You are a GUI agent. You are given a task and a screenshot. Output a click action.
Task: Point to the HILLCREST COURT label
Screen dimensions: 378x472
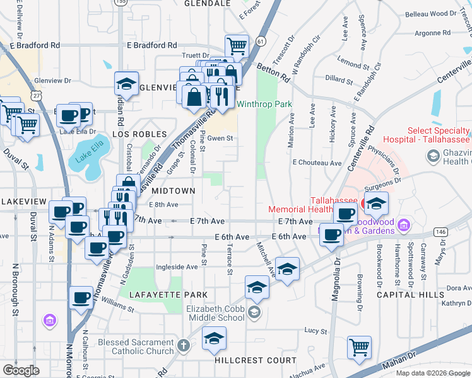[255, 360]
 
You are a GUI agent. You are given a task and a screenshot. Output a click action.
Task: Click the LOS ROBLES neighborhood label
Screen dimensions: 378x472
[139, 134]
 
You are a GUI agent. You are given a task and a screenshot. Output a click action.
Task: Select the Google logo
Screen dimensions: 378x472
[21, 370]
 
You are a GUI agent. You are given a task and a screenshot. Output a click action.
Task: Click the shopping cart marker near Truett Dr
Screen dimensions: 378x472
[237, 45]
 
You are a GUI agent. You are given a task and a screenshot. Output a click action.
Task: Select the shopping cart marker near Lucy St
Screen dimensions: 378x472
[359, 346]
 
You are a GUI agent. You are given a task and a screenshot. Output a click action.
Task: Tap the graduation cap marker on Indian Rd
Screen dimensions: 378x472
[126, 84]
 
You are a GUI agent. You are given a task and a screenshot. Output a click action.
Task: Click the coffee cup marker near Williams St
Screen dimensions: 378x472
[81, 297]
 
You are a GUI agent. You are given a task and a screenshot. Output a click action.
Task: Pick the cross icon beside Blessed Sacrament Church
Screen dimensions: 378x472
[183, 345]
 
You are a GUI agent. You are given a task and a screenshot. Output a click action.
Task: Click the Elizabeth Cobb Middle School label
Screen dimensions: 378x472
[215, 313]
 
